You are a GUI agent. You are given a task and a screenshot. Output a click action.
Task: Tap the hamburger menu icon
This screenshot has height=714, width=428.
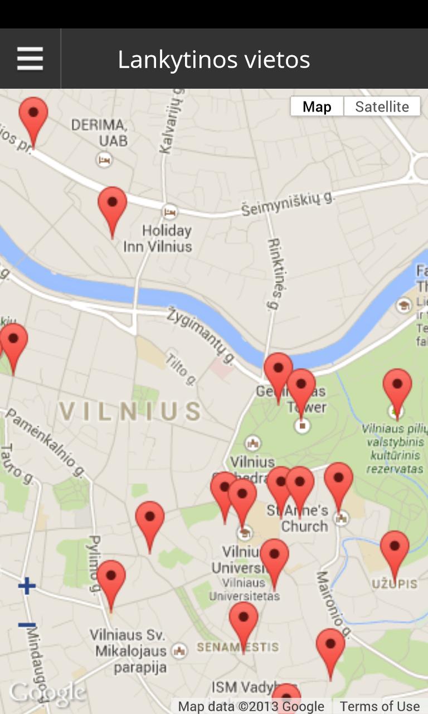[x=30, y=59]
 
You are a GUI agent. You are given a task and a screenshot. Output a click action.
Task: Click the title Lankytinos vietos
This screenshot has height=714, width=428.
[x=214, y=60]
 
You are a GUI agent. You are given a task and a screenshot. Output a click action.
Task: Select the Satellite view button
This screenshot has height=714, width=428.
[x=382, y=107]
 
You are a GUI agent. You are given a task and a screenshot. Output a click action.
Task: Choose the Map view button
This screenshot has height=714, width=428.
[x=317, y=107]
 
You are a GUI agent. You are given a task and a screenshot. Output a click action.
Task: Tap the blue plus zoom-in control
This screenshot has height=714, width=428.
[x=27, y=586]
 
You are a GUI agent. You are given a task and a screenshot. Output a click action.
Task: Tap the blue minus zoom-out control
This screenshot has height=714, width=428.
[x=27, y=625]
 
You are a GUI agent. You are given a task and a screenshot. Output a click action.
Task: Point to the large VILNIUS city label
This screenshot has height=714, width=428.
[x=130, y=412]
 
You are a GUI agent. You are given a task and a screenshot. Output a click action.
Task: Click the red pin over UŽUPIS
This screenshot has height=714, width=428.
[x=395, y=549]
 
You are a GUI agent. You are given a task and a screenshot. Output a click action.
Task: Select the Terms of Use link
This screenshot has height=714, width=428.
[x=380, y=706]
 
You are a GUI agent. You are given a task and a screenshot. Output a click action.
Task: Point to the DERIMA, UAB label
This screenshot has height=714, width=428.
[x=100, y=132]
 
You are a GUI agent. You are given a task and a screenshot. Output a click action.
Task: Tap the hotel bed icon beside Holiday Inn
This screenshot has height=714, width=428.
[x=170, y=211]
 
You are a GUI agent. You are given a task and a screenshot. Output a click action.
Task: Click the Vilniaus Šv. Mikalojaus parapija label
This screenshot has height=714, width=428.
[x=130, y=651]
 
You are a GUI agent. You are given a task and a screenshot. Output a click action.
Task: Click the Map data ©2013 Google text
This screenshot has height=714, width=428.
[x=251, y=706]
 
